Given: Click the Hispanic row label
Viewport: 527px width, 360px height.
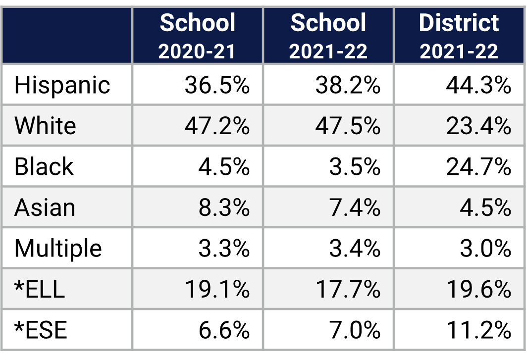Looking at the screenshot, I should [x=62, y=85].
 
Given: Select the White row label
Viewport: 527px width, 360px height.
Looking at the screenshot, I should [x=45, y=126].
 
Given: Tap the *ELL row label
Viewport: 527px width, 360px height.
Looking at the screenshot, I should [x=40, y=289].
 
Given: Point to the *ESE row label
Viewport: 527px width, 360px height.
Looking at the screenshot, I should [x=41, y=330].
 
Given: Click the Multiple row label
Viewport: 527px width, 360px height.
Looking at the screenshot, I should [x=58, y=248].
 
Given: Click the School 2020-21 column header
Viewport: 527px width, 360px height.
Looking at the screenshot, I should [x=197, y=36].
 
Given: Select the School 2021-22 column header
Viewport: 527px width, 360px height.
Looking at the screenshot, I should [x=328, y=36].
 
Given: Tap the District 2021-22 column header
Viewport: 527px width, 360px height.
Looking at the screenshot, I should [x=459, y=36].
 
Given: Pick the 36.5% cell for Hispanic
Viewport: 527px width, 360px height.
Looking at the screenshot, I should [x=217, y=85].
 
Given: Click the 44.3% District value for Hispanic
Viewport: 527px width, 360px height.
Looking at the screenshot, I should [x=478, y=85].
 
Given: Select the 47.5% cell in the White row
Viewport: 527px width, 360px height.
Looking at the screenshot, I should [x=348, y=126].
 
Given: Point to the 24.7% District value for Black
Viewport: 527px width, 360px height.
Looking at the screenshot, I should [x=478, y=167].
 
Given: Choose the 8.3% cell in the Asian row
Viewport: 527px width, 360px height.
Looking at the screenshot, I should [x=224, y=207].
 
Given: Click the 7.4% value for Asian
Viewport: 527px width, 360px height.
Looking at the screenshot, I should [x=355, y=207].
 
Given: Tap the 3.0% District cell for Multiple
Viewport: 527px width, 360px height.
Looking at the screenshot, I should [x=485, y=248].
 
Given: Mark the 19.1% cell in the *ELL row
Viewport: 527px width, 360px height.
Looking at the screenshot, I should [x=217, y=289].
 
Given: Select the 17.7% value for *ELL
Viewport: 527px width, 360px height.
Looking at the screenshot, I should [x=348, y=289].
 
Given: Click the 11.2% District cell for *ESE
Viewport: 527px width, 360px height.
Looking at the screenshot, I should [x=478, y=330].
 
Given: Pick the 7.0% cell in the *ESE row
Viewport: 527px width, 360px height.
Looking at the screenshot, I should [x=355, y=330].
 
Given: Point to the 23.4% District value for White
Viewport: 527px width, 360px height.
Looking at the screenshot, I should [x=478, y=126].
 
